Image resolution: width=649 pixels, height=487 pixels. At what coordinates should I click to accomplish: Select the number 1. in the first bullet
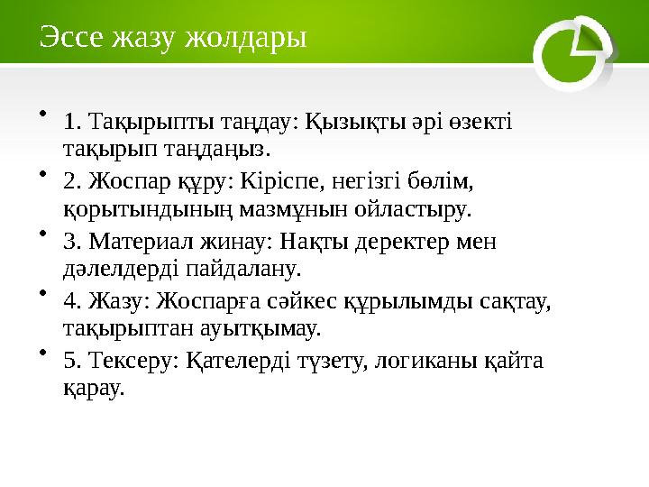(73, 120)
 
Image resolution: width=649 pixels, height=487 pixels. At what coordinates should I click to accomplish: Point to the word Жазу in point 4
(112, 299)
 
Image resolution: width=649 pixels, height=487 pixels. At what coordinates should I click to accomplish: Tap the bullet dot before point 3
(41, 234)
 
